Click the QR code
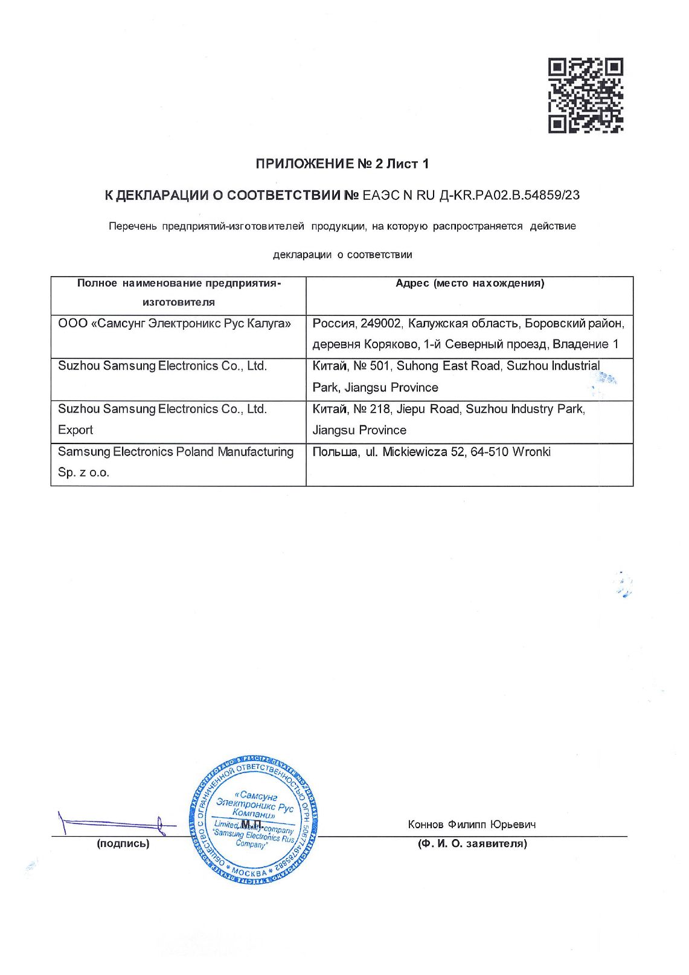585,95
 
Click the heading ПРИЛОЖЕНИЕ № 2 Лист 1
342,164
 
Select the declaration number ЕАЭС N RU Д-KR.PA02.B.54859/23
471,195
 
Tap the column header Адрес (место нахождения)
469,283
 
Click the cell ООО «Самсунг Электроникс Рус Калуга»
175,324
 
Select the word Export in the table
75,430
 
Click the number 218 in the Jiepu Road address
380,409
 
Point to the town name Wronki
531,452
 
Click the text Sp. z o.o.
83,472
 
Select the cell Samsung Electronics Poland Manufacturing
176,452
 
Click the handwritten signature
115,823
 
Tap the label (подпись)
123,843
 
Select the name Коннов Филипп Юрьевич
472,825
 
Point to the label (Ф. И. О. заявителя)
472,843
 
